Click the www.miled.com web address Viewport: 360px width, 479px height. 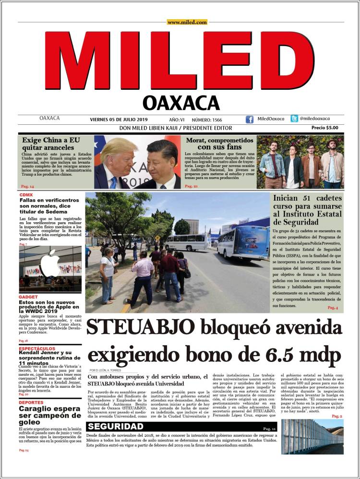[187, 22]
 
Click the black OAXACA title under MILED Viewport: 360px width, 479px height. [181, 102]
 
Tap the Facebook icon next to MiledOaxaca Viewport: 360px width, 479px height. [250, 120]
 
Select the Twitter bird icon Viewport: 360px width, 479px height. [294, 119]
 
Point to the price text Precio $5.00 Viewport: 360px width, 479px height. [324, 128]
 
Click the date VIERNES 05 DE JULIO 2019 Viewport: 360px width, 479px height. [119, 120]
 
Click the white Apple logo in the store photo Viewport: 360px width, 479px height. [50, 263]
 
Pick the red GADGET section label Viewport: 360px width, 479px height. [28, 297]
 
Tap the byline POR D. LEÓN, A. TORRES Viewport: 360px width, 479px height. [105, 371]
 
